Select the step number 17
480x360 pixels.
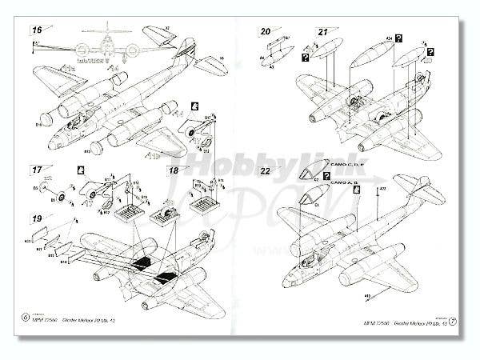pyautogui.click(x=37, y=170)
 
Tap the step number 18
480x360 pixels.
pyautogui.click(x=174, y=170)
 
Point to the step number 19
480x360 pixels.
pyautogui.click(x=37, y=218)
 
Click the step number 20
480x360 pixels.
pyautogui.click(x=265, y=31)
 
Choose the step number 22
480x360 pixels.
pyautogui.click(x=265, y=170)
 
